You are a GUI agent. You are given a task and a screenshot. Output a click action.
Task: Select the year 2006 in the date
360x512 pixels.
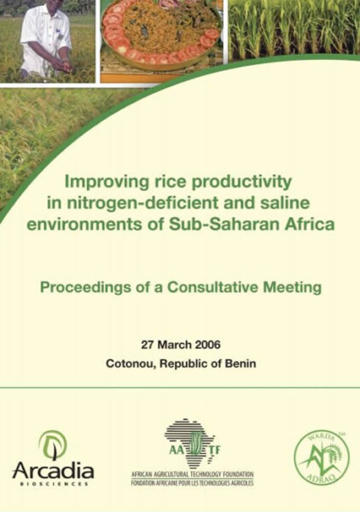pyautogui.click(x=207, y=345)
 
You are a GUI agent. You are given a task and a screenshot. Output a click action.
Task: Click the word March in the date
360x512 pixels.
pyautogui.click(x=175, y=345)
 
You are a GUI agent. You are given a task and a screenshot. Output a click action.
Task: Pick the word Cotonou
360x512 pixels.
pyautogui.click(x=129, y=364)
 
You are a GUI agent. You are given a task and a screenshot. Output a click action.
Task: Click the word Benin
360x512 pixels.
pyautogui.click(x=241, y=364)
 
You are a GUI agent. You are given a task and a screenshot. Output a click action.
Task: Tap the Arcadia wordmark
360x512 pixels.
pyautogui.click(x=53, y=471)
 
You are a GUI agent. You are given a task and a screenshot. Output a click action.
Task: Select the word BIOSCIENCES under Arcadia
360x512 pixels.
pyautogui.click(x=55, y=484)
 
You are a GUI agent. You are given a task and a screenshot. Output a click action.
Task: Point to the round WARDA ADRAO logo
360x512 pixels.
pyautogui.click(x=322, y=457)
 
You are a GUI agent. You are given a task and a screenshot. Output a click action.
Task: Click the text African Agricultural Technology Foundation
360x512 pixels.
pyautogui.click(x=192, y=474)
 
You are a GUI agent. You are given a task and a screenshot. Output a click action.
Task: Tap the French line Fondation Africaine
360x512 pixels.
pyautogui.click(x=192, y=482)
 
